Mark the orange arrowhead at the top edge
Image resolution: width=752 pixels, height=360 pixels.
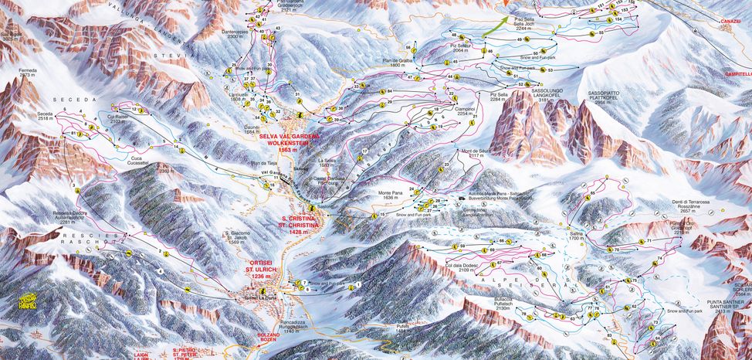[x=506, y=4]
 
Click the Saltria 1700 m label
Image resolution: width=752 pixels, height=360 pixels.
[x=576, y=236]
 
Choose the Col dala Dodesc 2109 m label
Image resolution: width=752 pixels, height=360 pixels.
[x=462, y=267]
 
